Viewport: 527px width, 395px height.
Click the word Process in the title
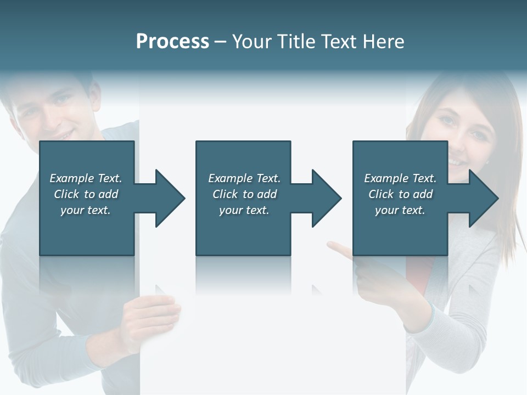172,41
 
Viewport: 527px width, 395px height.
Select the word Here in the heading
383,41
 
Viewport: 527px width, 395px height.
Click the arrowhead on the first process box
171,198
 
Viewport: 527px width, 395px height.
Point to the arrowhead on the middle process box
327,198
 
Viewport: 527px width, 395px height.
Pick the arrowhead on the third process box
484,198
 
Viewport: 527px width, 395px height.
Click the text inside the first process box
86,194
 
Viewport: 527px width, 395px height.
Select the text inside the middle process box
244,194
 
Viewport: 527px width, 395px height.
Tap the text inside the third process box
400,194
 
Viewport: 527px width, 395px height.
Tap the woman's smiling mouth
455,161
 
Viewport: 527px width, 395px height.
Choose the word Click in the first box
66,194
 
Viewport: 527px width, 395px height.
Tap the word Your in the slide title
251,41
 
